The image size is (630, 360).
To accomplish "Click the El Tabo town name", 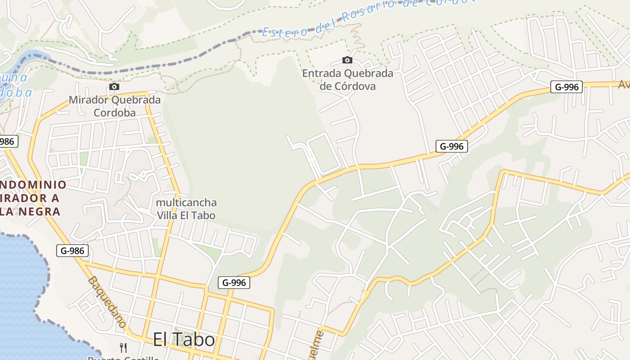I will point(184,339).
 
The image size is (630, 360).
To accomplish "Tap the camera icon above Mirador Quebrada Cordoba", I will point(114,86).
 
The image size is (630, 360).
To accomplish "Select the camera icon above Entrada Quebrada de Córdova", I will point(347,60).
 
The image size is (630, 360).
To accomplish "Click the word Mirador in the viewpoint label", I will point(88,100).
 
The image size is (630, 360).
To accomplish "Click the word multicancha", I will point(186,202).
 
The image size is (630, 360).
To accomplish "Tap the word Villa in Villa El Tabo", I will point(166,216).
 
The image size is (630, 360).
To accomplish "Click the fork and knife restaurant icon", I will point(123,347).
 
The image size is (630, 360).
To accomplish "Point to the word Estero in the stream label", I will point(285,31).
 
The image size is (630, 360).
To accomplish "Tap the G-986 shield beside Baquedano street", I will point(72,251).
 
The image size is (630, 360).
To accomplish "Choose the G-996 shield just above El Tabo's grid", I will point(234,283).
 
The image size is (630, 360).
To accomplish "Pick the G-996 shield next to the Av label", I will point(567,87).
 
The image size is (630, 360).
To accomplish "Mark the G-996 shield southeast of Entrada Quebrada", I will point(451,146).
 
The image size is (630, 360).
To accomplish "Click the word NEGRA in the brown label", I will point(39,211).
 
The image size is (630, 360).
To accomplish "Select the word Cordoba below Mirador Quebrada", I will point(114,112).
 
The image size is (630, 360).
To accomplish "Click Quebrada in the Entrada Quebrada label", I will point(368,73).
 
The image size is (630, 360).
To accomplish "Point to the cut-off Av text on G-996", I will point(624,84).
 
